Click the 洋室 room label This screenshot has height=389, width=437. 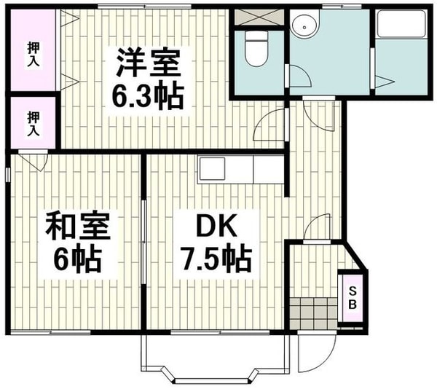tap(146, 63)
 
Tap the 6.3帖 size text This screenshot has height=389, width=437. tap(146, 95)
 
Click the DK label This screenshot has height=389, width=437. tap(217, 227)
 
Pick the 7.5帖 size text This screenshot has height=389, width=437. tap(217, 258)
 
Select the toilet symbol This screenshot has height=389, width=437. tap(256, 49)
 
